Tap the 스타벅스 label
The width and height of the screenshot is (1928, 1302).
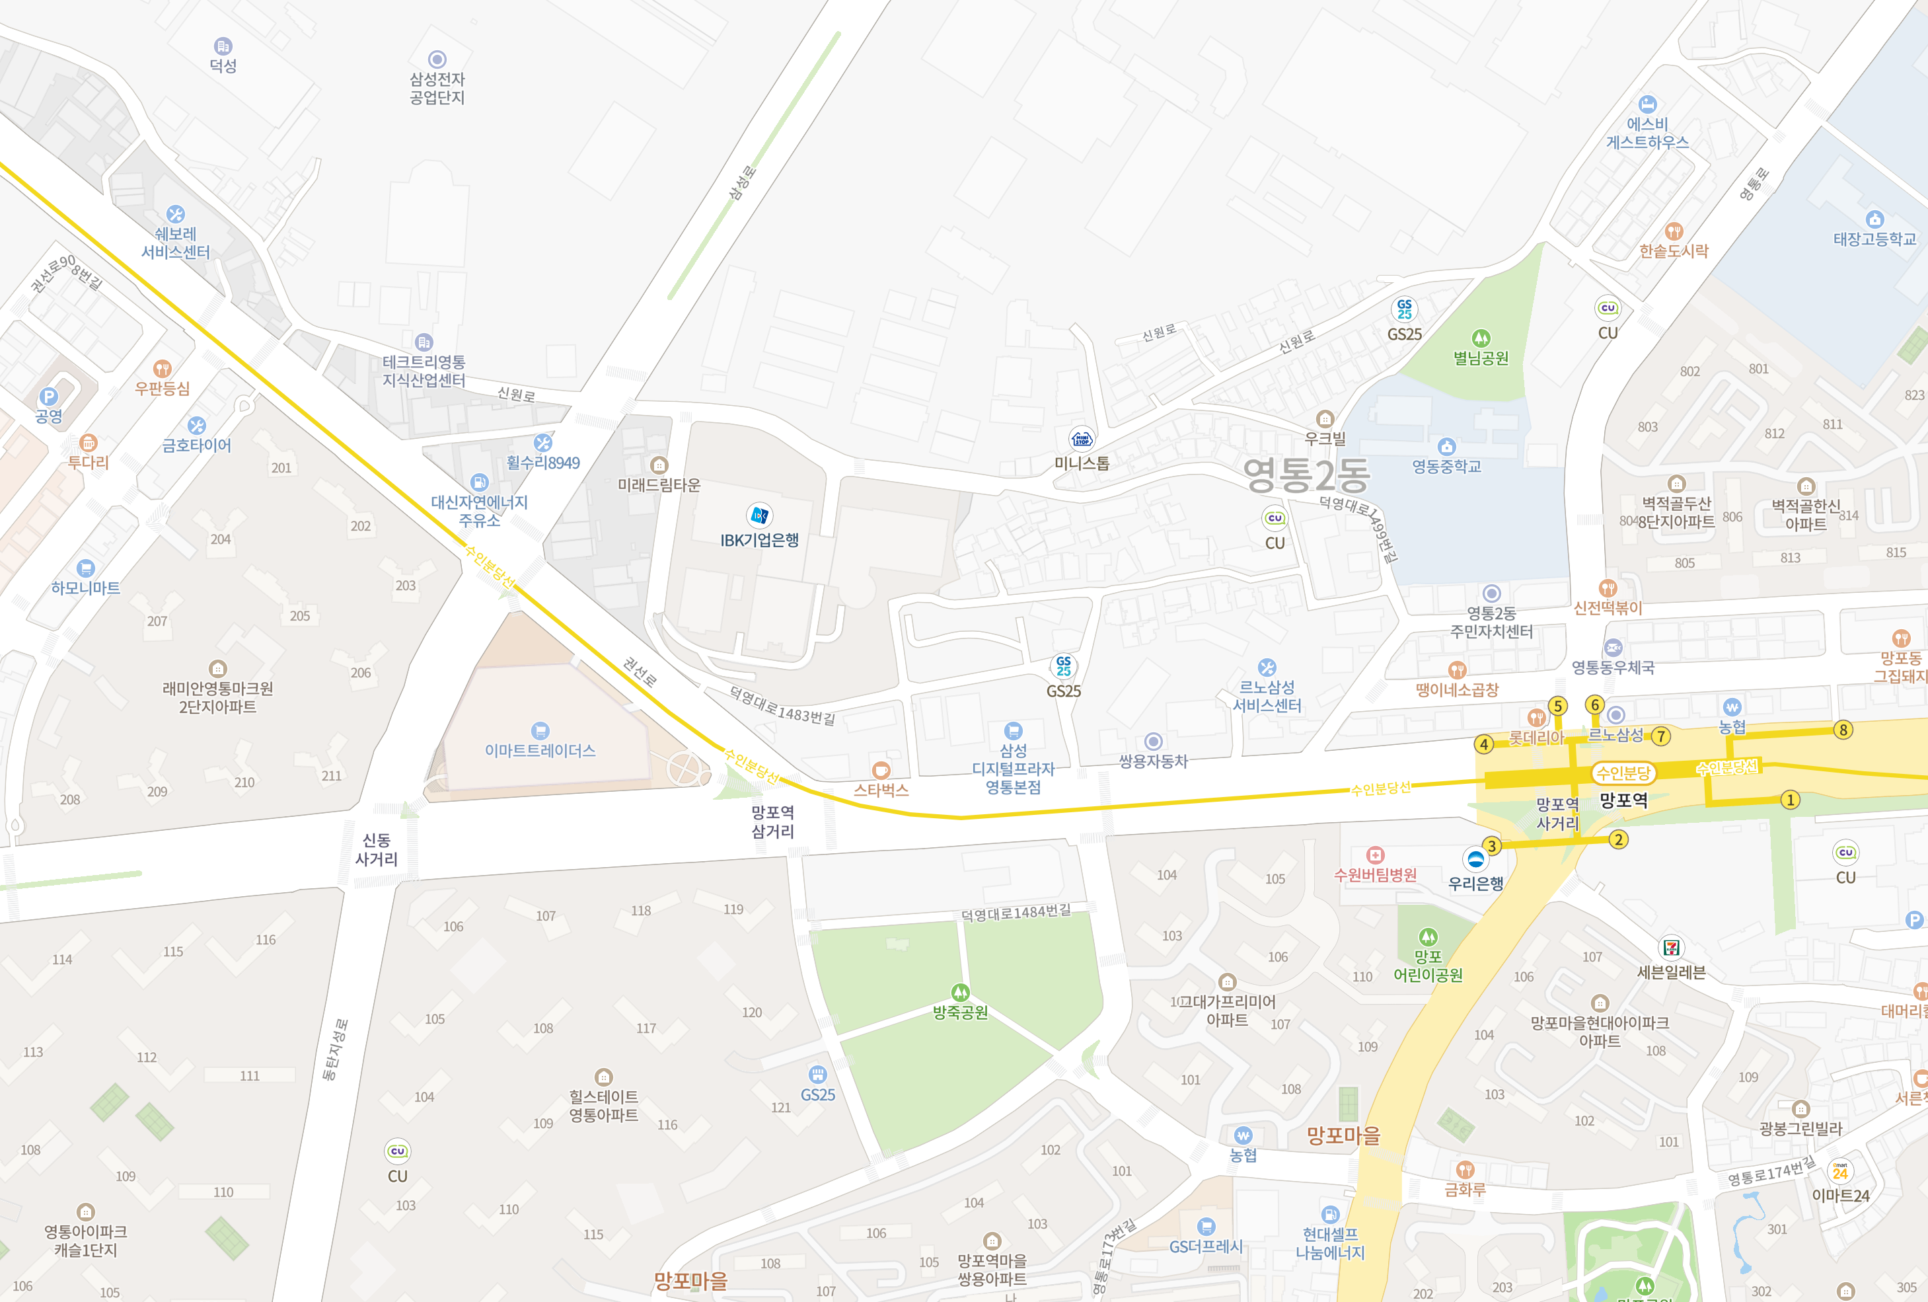point(881,790)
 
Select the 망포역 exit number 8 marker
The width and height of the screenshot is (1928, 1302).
point(1843,730)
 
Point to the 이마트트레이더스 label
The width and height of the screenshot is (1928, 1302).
point(540,750)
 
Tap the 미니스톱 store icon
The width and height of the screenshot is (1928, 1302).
point(1081,438)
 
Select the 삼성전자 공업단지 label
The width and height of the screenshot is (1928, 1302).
point(437,88)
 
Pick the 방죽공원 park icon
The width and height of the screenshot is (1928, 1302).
point(960,993)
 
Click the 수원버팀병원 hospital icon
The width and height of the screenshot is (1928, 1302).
point(1375,855)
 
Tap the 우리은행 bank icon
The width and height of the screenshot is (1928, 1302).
point(1475,858)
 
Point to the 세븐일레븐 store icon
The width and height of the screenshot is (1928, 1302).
point(1671,948)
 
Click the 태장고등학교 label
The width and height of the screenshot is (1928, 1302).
point(1874,239)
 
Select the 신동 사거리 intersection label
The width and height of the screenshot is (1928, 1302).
point(377,850)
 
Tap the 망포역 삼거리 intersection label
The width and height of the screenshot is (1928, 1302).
point(772,822)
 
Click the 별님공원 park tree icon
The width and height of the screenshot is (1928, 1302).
point(1481,338)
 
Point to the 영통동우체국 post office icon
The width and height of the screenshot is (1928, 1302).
point(1613,647)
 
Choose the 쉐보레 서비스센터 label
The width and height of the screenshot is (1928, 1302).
point(175,243)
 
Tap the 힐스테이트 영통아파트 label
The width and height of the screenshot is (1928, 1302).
point(603,1106)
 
